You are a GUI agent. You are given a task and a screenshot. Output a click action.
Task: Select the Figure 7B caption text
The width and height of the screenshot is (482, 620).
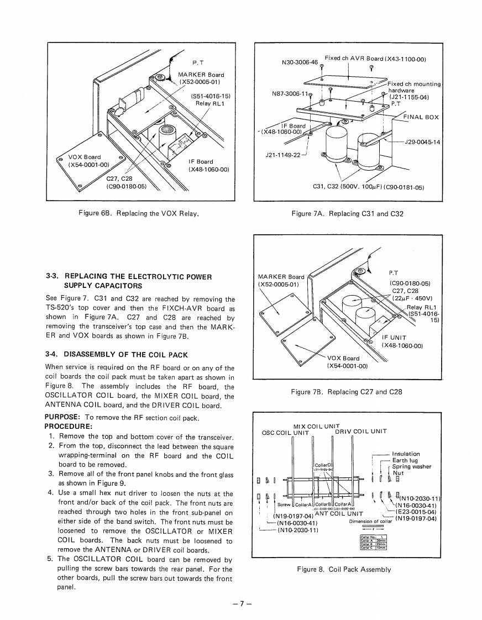coord(346,392)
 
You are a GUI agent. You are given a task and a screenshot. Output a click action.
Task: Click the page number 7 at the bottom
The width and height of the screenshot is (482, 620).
coord(242,603)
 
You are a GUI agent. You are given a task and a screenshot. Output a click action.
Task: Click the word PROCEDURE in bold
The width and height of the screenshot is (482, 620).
coord(68,427)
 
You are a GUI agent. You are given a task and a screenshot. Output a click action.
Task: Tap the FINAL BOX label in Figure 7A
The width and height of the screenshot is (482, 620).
coord(420,117)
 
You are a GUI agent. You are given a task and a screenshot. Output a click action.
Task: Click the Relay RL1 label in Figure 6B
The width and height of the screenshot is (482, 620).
coord(211,103)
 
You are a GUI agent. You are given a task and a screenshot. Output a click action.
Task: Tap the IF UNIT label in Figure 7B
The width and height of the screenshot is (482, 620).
coord(394,337)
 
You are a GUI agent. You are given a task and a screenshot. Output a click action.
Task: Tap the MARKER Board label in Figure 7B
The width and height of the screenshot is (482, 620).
coord(281,276)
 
